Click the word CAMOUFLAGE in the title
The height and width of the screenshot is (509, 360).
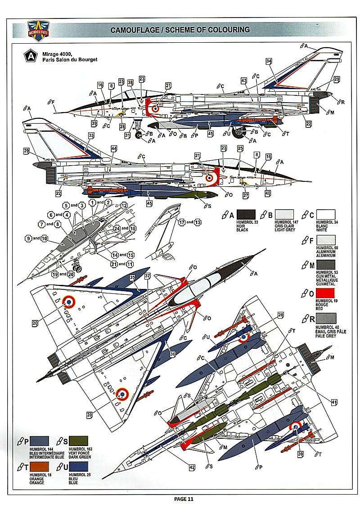coord(133,30)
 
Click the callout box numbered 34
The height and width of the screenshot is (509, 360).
coord(269,61)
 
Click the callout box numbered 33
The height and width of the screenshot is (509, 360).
coord(91,135)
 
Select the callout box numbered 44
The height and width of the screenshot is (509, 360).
coord(113,148)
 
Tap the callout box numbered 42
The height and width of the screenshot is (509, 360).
coord(192,468)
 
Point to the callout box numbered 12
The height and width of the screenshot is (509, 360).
coord(124,205)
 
